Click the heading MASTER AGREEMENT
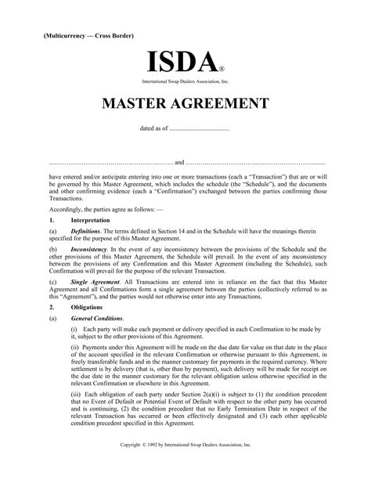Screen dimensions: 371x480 pos(185,105)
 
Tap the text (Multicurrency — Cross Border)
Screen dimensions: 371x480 pos(84,36)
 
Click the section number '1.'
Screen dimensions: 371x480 pos(52,222)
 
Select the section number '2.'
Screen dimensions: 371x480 pos(52,308)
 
